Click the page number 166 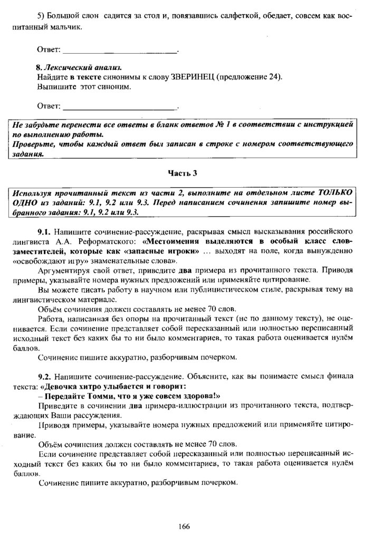click(184, 526)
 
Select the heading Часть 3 click(182, 173)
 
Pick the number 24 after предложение click(271, 77)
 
